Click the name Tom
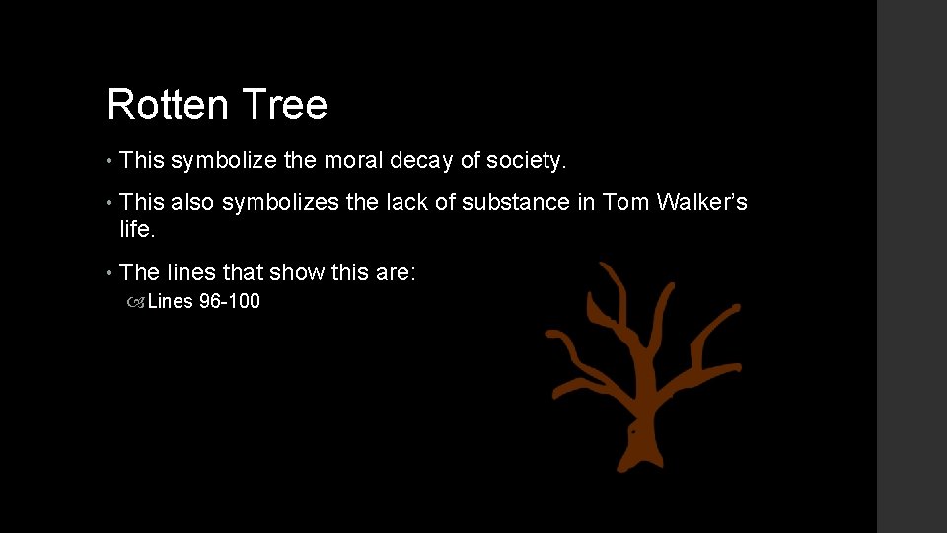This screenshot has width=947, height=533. pos(626,203)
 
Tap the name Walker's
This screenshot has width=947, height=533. pos(703,203)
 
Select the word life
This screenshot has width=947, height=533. pos(137,228)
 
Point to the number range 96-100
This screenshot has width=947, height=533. pos(230,302)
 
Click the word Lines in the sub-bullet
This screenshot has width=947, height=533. pos(171,302)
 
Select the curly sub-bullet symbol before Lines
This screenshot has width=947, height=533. pos(136,303)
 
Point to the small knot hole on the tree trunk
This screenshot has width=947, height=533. pos(632,431)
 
